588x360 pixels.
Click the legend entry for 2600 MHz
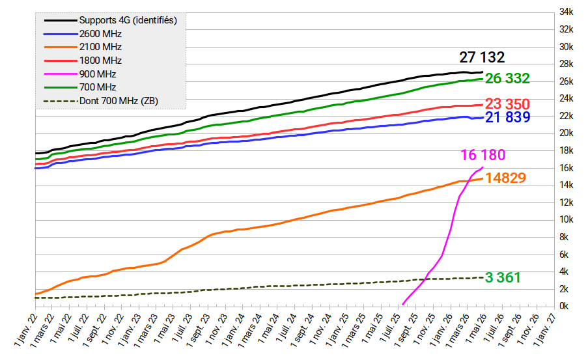tap(100, 34)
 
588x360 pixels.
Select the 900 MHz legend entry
tap(97, 74)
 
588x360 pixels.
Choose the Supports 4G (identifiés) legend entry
tap(128, 20)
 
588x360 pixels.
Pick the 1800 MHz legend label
tap(100, 61)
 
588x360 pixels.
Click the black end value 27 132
tap(482, 57)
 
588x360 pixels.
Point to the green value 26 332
tap(507, 79)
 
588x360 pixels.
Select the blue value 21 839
tap(507, 117)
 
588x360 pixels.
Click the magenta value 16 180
tap(483, 155)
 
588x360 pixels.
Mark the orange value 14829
tap(505, 178)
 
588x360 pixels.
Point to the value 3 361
tap(503, 278)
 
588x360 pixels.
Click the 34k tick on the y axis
tap(565, 12)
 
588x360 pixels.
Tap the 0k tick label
tap(567, 306)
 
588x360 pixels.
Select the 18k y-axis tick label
tap(565, 150)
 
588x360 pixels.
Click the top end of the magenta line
tap(482, 167)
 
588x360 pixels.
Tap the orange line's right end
tap(482, 178)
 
